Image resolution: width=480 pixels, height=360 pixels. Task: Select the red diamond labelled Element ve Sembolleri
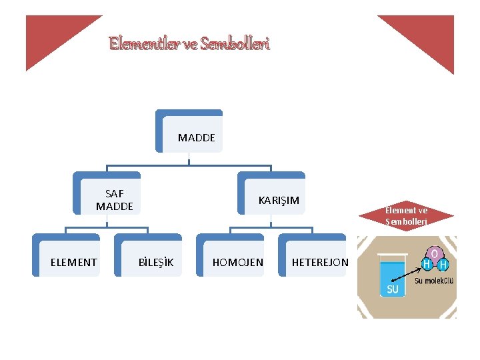[x=405, y=215]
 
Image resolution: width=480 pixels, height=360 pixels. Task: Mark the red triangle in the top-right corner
[x=427, y=37]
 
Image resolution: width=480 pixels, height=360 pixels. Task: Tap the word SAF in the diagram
[x=115, y=194]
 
